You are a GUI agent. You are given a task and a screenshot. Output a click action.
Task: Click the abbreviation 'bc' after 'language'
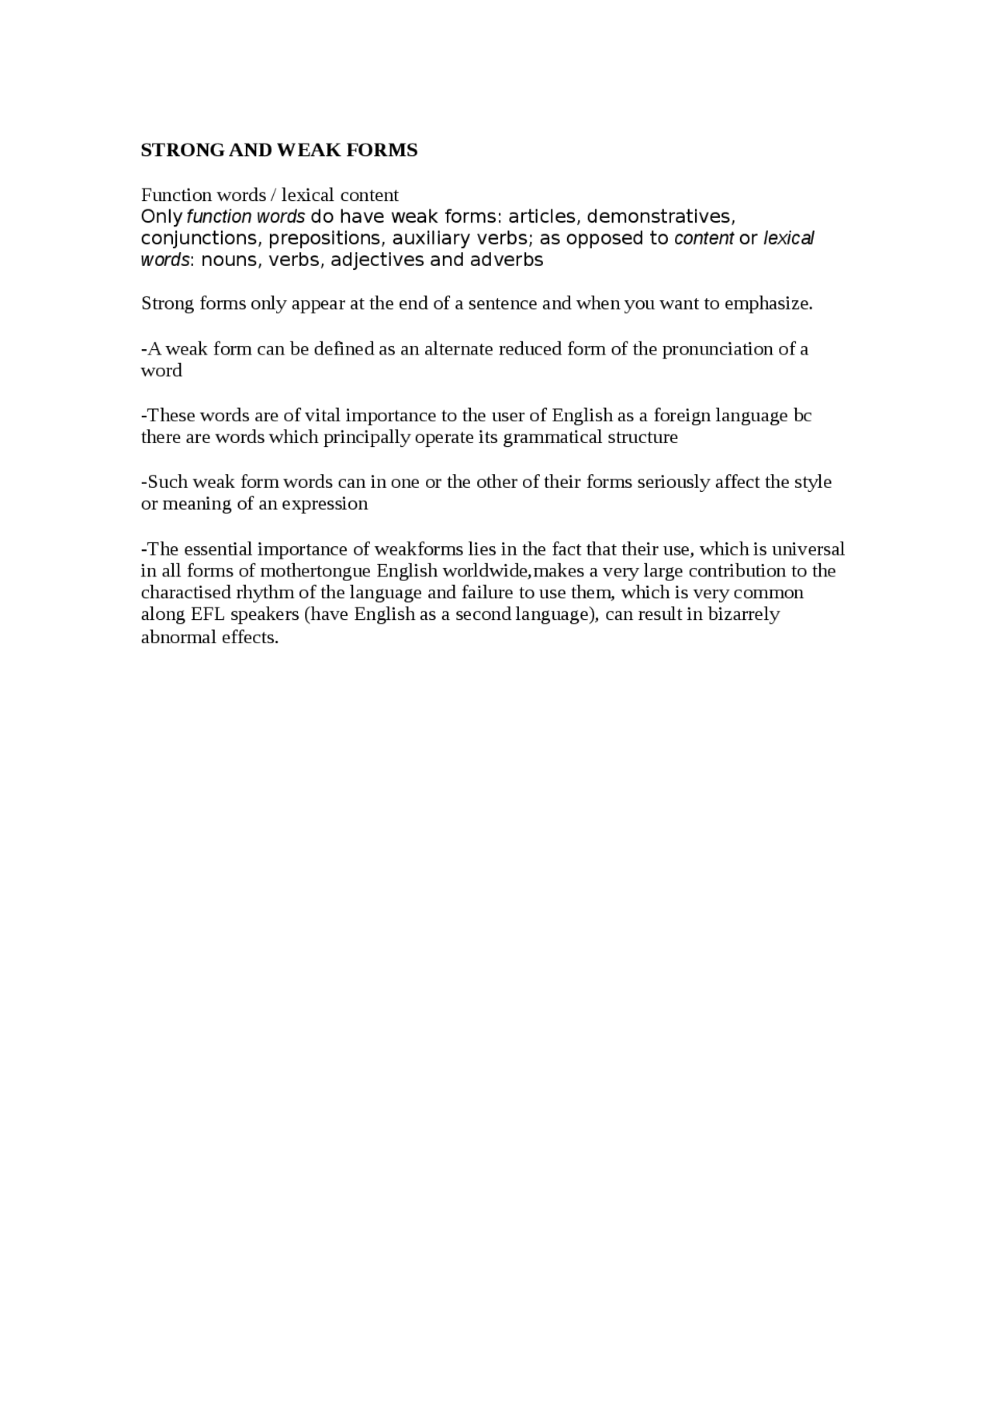802,415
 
